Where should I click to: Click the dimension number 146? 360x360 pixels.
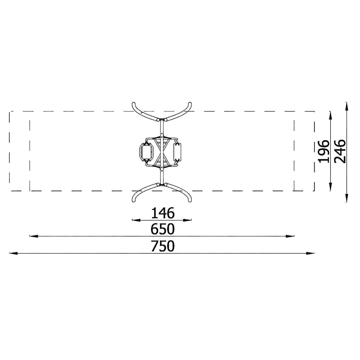[163, 213]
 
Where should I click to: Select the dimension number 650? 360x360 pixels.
[163, 229]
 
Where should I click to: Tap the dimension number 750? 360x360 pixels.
[163, 246]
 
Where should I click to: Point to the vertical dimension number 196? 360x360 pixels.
[324, 151]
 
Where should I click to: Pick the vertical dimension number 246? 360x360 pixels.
[340, 151]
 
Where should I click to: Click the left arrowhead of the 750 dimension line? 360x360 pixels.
[13, 253]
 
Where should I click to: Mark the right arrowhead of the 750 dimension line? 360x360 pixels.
[310, 253]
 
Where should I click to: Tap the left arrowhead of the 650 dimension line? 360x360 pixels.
[34, 236]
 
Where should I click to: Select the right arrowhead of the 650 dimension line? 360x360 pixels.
[290, 236]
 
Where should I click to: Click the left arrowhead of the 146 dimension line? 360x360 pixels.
[136, 220]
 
